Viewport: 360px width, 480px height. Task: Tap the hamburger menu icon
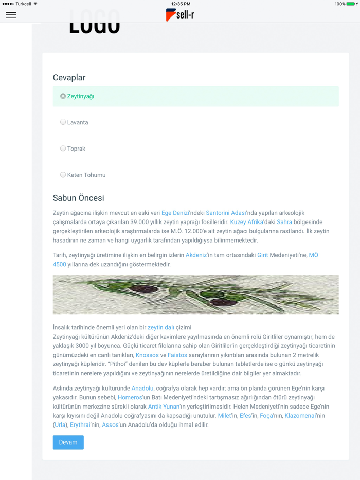(11, 15)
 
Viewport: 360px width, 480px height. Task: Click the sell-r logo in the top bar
(180, 15)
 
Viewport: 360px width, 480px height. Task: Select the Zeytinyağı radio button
(63, 96)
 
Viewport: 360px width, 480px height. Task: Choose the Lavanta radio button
(63, 122)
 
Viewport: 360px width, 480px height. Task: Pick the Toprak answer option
(63, 149)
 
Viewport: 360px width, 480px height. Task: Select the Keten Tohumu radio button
(63, 175)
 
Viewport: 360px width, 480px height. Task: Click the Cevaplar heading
(69, 78)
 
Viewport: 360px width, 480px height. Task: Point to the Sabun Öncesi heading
(78, 198)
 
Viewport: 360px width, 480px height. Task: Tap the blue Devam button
(68, 442)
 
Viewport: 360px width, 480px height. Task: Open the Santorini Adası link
(226, 213)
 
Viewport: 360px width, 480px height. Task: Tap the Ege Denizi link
(175, 213)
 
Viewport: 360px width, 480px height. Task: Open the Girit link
(262, 255)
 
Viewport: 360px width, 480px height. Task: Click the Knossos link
(147, 355)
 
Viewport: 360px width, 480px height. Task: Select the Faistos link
(177, 355)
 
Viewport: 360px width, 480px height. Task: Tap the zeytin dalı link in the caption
(161, 327)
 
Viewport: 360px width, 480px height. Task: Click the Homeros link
(130, 397)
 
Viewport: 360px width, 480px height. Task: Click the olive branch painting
(195, 294)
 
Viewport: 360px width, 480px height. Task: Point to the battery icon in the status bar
(351, 4)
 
